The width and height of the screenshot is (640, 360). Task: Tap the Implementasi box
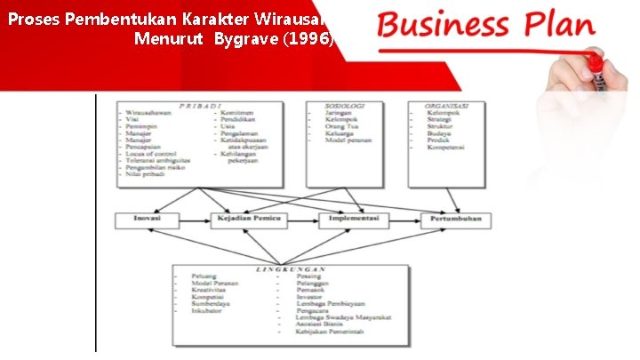(355, 219)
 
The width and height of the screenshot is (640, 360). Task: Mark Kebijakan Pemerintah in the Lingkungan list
(324, 335)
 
